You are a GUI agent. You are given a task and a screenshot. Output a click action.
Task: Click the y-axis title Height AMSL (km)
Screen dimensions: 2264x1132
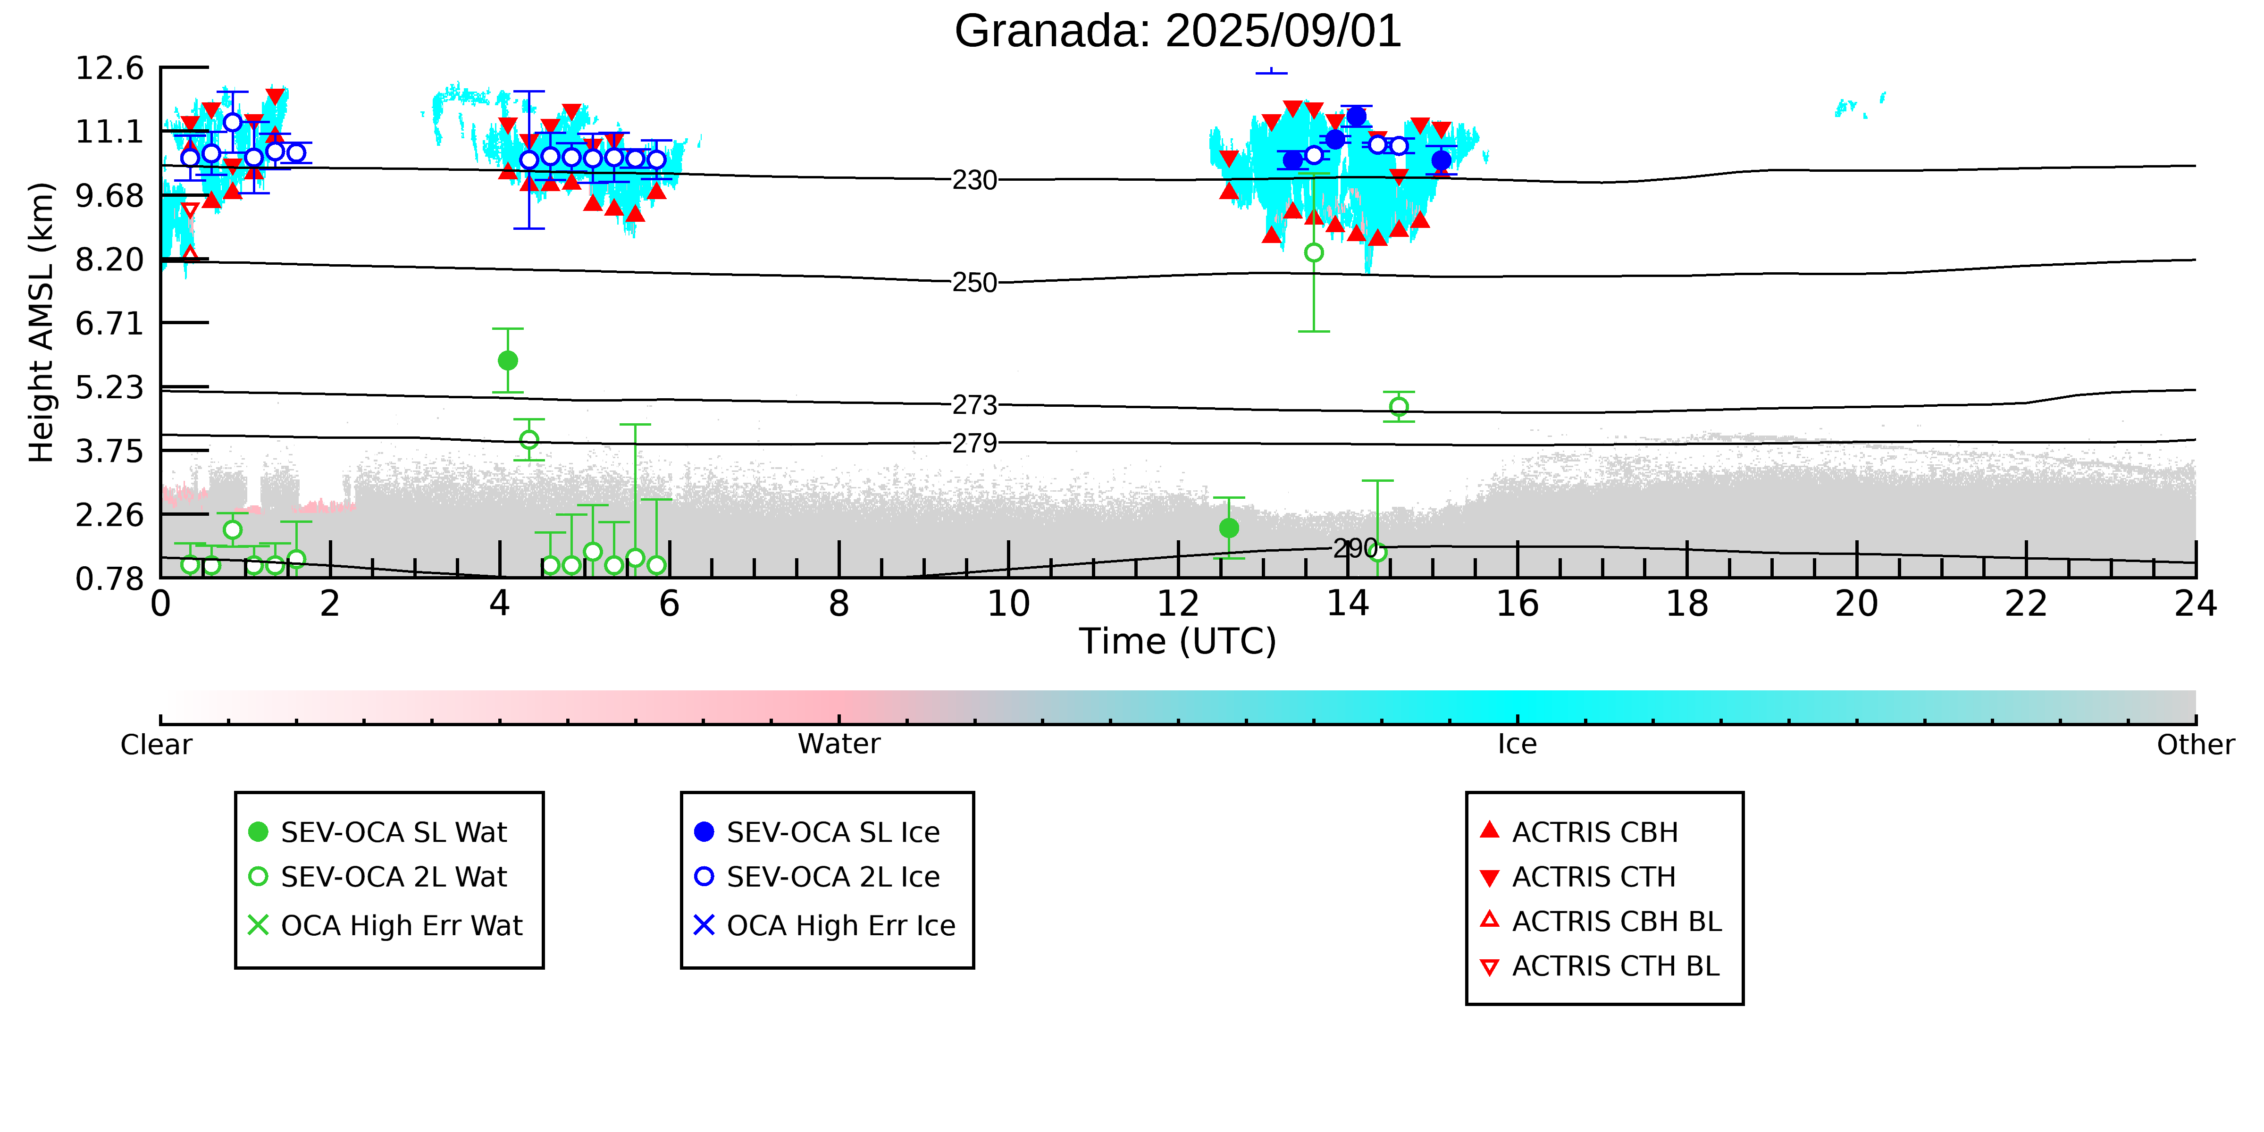click(42, 323)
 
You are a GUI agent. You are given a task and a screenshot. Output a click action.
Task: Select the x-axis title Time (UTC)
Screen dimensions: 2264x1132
click(1178, 642)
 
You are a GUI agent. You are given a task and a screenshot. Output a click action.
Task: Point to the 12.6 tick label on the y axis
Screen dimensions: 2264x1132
click(109, 67)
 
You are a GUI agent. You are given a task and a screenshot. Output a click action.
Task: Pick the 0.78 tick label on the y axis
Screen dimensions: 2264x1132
click(109, 579)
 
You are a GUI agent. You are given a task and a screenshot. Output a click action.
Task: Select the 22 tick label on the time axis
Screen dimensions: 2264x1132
click(2026, 604)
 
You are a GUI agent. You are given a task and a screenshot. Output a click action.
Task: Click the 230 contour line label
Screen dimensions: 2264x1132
click(975, 180)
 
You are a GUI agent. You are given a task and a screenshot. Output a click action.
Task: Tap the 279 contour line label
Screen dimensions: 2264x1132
click(975, 443)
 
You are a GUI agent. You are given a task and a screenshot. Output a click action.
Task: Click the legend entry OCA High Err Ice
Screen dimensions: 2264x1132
click(824, 925)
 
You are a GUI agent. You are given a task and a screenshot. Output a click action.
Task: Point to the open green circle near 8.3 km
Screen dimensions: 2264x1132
click(1314, 252)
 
